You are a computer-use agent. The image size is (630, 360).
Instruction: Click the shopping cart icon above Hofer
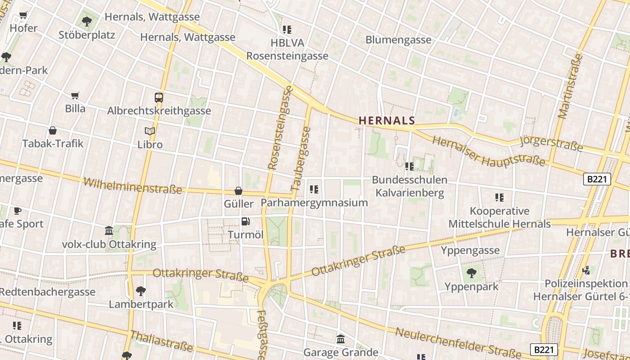pos(23,15)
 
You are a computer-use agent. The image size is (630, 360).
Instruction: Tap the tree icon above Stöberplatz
pos(86,21)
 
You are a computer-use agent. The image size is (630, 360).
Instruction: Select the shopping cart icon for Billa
pos(75,95)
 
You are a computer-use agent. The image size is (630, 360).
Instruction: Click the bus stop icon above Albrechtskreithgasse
pos(159,97)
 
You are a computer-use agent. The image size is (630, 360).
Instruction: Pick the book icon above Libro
pos(150,131)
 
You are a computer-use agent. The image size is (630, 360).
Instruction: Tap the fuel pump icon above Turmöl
pos(245,221)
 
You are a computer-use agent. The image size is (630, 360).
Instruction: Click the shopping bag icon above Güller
pos(238,191)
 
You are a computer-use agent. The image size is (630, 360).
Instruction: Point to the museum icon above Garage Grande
pos(341,338)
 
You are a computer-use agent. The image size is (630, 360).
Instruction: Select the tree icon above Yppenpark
pos(471,273)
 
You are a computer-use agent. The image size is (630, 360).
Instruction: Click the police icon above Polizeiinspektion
pos(586,270)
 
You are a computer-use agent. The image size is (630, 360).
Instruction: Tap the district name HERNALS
pos(387,121)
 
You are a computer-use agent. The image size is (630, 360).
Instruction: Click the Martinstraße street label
pos(570,86)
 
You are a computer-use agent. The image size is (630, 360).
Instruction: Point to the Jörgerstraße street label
pos(551,143)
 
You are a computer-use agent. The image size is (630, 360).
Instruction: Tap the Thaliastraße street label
pos(162,341)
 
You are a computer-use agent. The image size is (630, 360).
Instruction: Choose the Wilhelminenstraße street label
pos(133,185)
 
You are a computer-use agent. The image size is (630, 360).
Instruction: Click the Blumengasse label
pos(398,40)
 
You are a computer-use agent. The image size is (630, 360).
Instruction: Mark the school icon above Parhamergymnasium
pos(314,189)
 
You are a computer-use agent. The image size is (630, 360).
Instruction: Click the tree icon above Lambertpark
pos(141,291)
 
